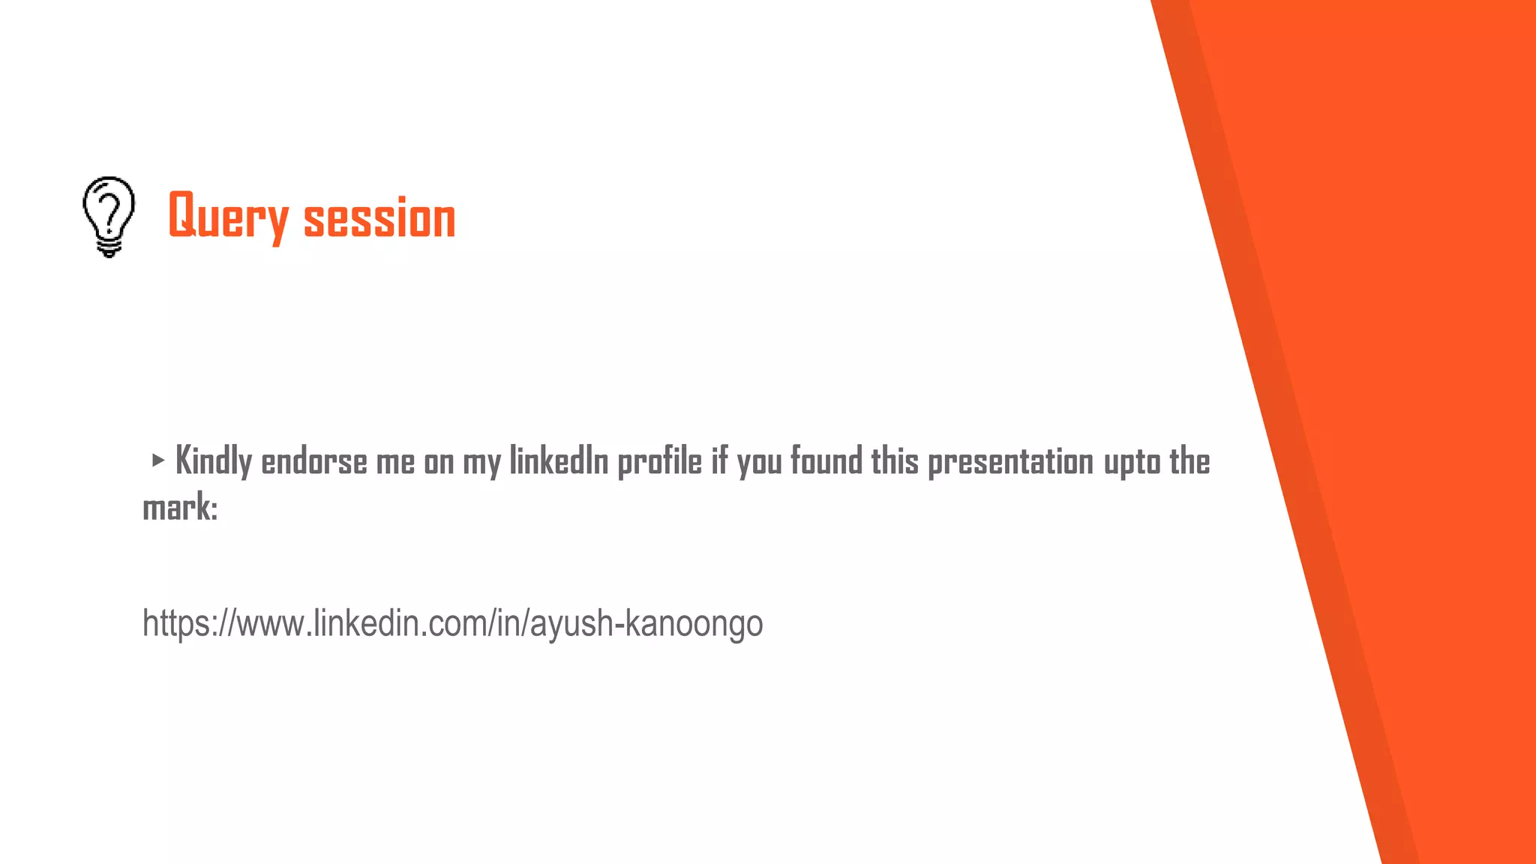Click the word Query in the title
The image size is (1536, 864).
point(228,217)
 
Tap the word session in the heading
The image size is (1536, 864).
point(379,219)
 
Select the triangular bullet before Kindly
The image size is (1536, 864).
point(157,460)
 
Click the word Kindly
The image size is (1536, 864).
point(213,461)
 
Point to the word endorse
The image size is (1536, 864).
point(313,462)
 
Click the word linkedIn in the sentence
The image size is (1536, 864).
point(559,461)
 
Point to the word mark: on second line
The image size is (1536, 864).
point(180,508)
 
